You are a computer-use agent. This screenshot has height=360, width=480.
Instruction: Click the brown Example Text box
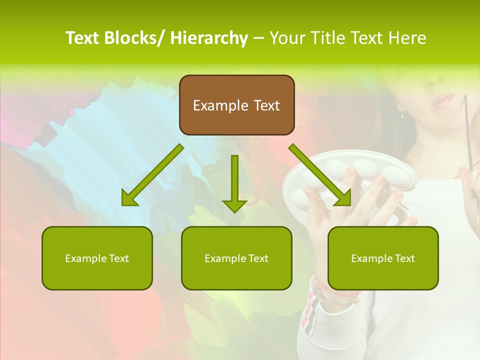(x=236, y=105)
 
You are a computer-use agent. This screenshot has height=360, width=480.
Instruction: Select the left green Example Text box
(x=97, y=258)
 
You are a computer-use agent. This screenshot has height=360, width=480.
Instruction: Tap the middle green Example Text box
(x=236, y=258)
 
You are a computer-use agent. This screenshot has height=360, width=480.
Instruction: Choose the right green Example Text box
(x=383, y=258)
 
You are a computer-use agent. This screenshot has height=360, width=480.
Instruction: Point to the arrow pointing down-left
(x=152, y=175)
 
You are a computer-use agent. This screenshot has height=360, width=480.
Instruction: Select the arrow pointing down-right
(x=320, y=175)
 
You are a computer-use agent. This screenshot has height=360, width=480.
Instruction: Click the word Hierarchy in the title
(x=209, y=38)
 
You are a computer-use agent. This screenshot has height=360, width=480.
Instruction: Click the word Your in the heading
(x=287, y=38)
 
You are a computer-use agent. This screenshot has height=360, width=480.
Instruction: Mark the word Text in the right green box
(x=404, y=258)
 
